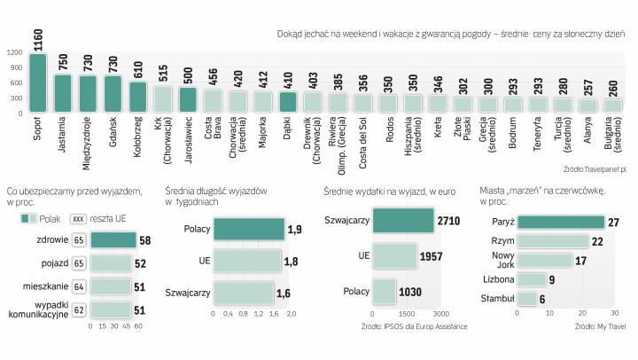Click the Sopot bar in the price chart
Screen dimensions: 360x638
(37, 83)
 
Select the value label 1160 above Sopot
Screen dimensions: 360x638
(38, 39)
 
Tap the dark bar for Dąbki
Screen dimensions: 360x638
(287, 102)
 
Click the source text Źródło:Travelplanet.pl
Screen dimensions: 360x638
(594, 168)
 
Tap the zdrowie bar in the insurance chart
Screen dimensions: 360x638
(113, 240)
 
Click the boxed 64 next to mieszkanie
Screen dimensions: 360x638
(79, 286)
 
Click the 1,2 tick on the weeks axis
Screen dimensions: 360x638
(259, 316)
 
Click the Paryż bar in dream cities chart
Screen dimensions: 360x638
(561, 222)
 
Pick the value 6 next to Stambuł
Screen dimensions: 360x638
(543, 300)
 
